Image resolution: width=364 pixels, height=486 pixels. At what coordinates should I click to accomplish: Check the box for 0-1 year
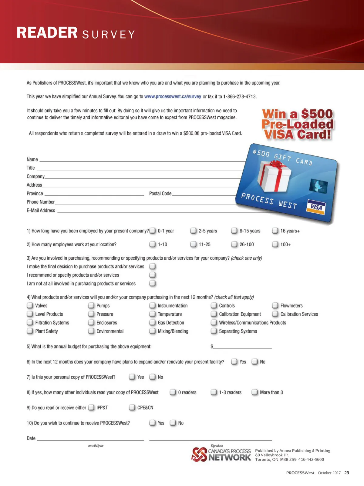point(153,231)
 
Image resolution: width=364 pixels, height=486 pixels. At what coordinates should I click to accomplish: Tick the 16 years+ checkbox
point(275,231)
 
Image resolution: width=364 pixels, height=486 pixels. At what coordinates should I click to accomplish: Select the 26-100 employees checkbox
point(234,244)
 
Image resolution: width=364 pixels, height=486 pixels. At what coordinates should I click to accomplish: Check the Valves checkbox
point(30,305)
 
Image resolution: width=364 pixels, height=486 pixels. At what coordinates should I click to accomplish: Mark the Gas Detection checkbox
point(153,323)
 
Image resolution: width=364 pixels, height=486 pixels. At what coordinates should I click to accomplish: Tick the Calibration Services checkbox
point(275,314)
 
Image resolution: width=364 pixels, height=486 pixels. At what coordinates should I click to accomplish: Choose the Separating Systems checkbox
point(214,331)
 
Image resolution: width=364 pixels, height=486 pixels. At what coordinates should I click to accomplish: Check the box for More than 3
point(255,392)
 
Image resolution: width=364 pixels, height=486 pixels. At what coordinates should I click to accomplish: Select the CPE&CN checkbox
point(132,408)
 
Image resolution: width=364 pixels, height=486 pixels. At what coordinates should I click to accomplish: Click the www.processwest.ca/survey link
point(173,97)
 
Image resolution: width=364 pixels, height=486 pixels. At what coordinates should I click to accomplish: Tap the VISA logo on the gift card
point(316,207)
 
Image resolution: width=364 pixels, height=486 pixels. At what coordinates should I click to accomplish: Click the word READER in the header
point(47,33)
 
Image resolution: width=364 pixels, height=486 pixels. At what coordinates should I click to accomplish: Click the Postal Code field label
point(160,194)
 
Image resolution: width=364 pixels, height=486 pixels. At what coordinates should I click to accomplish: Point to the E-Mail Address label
point(41,211)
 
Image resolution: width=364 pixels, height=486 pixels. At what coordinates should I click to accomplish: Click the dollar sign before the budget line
point(212,346)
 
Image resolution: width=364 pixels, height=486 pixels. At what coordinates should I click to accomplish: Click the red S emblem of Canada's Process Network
point(199,454)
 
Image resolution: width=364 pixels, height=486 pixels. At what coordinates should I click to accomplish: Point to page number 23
point(347,473)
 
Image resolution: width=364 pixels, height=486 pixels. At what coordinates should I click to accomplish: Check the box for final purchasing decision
point(153,266)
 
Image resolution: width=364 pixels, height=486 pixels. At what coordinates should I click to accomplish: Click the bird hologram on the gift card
point(318,185)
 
